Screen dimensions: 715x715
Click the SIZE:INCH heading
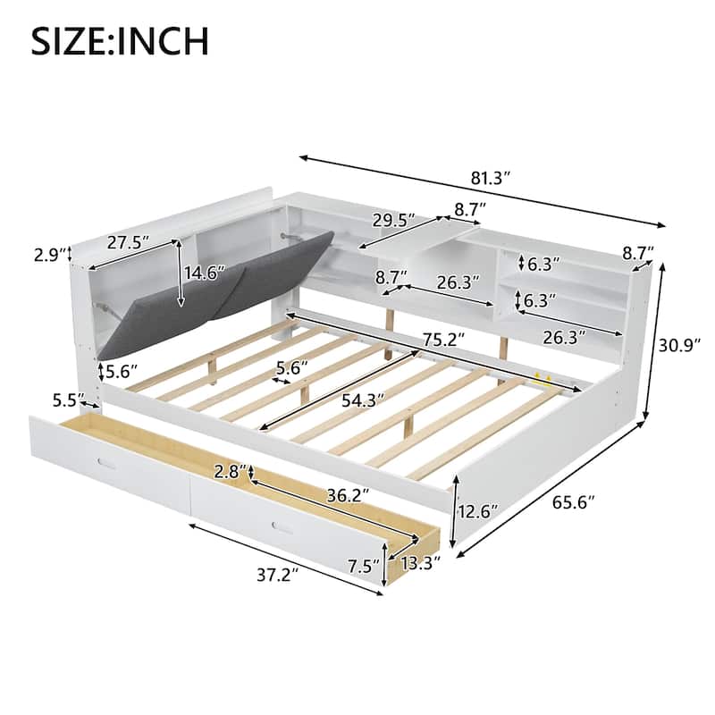tap(121, 40)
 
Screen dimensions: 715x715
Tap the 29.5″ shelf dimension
tap(394, 220)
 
